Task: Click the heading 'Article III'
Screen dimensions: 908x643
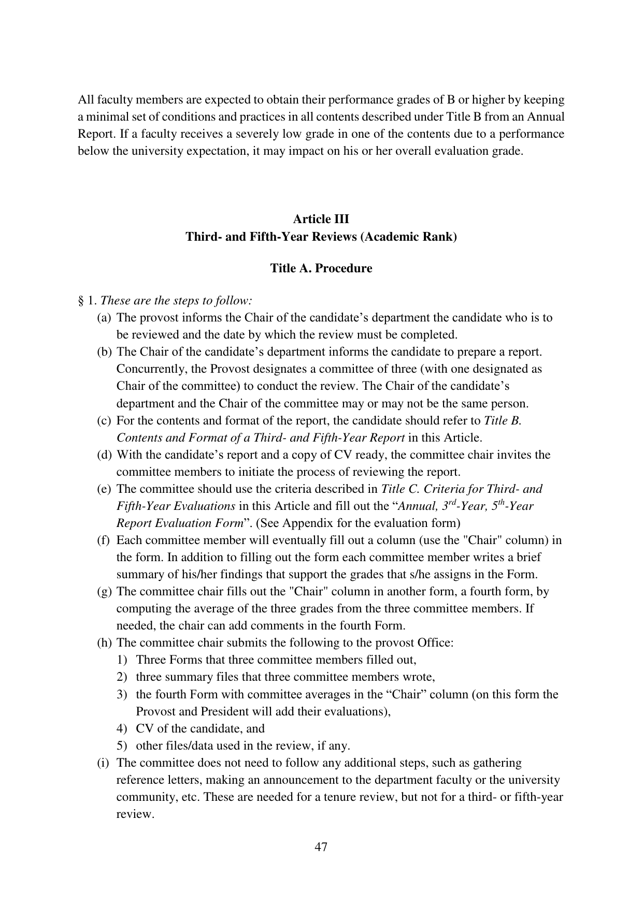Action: coord(321,219)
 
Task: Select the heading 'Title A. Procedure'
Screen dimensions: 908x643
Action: coord(321,268)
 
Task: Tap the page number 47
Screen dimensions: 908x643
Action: coord(321,847)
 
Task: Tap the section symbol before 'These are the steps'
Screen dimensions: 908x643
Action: coord(81,300)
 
